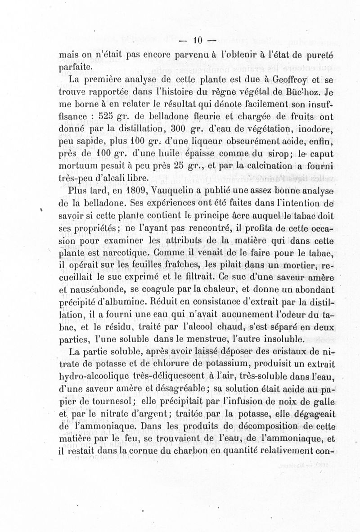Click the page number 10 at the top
pos(198,40)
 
